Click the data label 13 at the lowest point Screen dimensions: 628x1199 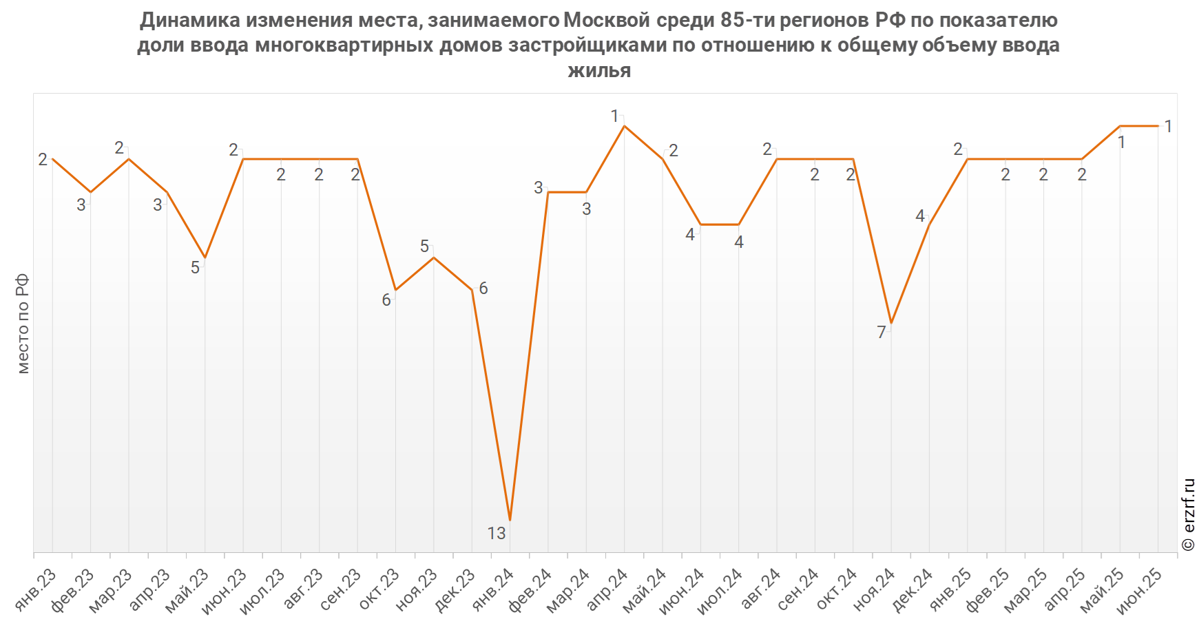496,533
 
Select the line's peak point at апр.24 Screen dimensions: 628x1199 625,126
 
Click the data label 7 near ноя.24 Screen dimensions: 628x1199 881,333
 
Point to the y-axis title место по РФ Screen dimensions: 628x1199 23,324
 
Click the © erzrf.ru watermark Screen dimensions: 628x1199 1188,514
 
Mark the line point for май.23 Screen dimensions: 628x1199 205,258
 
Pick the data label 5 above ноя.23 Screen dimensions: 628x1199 424,247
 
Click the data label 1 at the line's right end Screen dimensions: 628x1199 1168,126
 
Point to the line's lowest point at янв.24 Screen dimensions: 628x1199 510,520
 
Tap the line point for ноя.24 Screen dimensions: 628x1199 891,323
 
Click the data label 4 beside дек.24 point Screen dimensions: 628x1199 919,216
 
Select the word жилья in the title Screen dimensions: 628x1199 598,70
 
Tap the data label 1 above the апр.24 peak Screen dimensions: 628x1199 614,116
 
